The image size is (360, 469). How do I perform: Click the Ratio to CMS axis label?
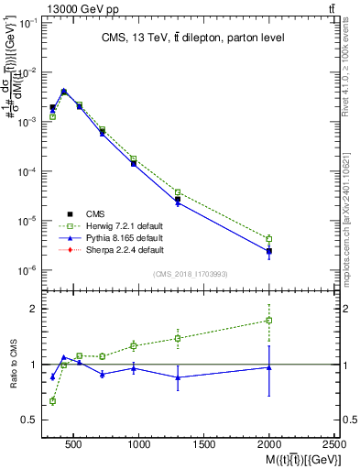pyautogui.click(x=15, y=365)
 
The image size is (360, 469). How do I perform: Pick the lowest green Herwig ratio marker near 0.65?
pyautogui.click(x=52, y=401)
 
